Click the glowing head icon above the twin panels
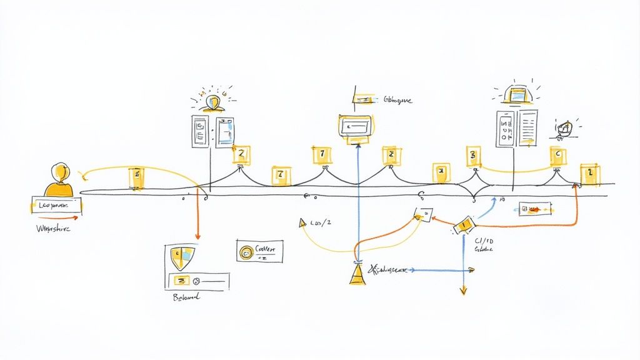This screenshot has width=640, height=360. click(x=214, y=102)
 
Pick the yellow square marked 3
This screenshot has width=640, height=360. click(x=473, y=156)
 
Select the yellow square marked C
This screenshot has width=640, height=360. click(x=558, y=156)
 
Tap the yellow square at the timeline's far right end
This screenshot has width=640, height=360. click(x=590, y=175)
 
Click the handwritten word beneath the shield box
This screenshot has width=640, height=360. click(x=186, y=298)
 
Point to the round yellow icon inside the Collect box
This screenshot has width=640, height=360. click(x=247, y=252)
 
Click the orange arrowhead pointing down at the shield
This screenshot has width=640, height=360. click(x=197, y=236)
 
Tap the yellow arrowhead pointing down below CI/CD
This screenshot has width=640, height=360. click(x=463, y=290)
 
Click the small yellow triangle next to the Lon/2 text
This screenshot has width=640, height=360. click(x=303, y=222)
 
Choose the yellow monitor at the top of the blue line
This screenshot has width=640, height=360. click(x=356, y=126)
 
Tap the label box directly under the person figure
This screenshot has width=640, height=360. click(x=56, y=205)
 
